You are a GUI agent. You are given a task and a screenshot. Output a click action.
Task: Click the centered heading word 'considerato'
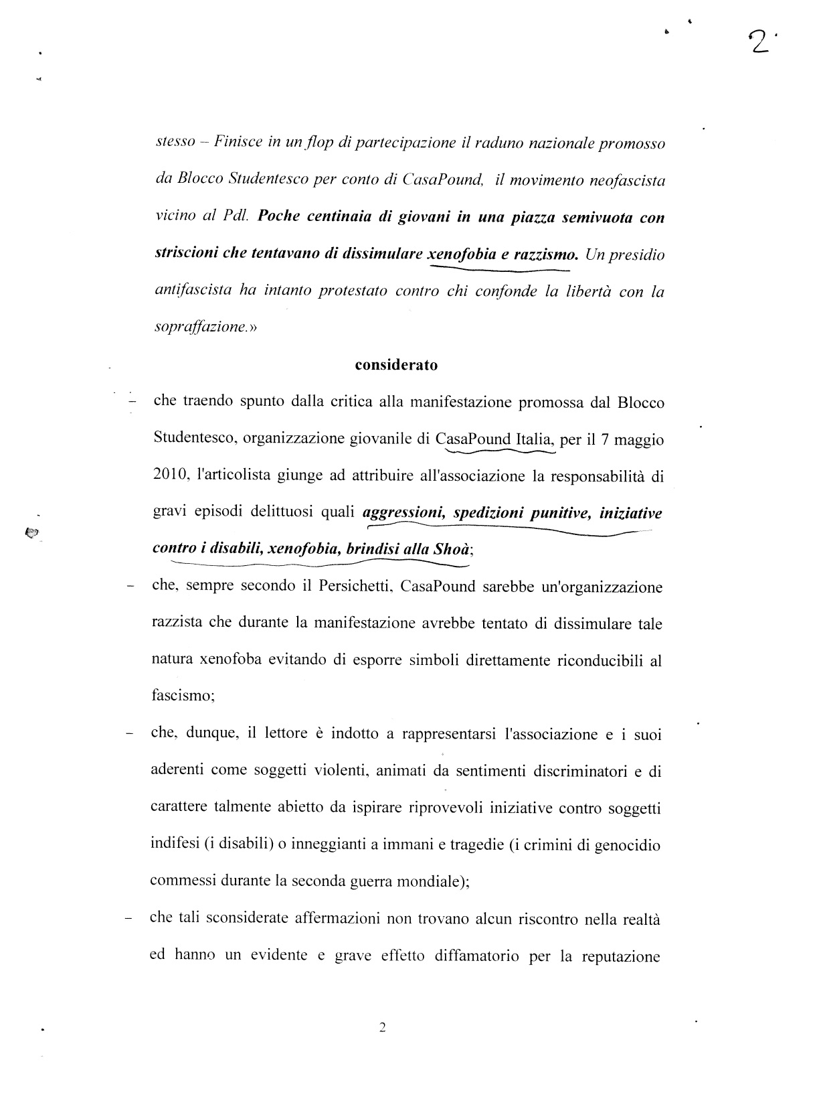point(396,366)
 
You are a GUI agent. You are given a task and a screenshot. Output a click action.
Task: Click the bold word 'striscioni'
point(189,254)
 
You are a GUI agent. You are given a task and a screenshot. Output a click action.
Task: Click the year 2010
point(168,476)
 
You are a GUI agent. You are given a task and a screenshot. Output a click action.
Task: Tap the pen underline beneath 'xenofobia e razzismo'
point(498,269)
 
